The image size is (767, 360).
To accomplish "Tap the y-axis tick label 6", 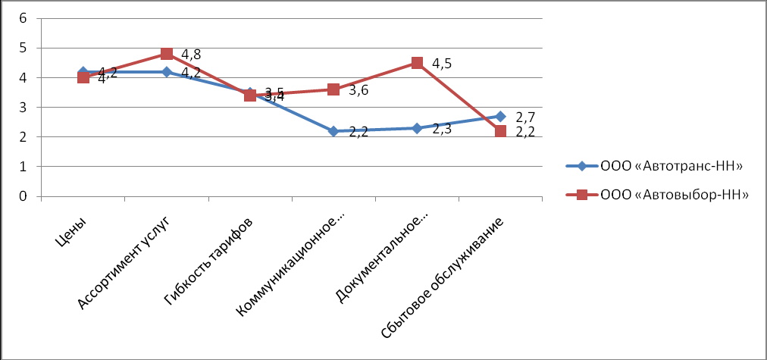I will point(23,18).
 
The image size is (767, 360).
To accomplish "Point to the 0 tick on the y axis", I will point(23,196).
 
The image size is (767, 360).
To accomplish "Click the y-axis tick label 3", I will point(23,108).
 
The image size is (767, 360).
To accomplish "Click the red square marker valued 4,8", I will point(167,54).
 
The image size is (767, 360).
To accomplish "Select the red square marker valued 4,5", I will point(417,63).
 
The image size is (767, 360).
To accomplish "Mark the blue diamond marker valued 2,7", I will point(500,117).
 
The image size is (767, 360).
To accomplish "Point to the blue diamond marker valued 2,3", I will point(417,128).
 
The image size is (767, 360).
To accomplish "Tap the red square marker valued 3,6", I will point(333,89).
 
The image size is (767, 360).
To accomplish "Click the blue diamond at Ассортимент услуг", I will point(167,72).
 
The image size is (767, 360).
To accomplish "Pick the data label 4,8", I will point(191,55).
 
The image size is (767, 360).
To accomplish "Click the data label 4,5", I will point(442,64).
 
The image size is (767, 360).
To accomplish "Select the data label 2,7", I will point(525,117).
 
